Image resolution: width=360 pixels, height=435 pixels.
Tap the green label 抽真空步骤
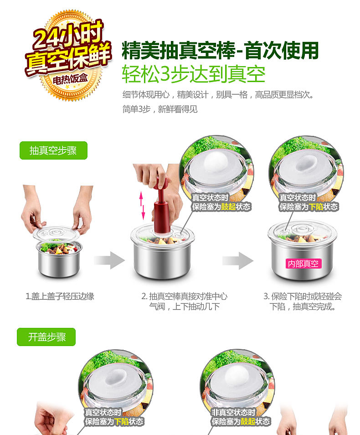coord(53,150)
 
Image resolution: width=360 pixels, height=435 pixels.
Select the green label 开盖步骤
coord(46,337)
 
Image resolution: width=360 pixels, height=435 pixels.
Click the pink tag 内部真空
coord(303,264)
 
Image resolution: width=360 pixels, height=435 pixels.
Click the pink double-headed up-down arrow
coord(142,205)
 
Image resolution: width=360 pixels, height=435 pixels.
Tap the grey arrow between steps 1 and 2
coord(109,260)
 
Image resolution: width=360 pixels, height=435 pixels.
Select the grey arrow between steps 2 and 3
coord(238,260)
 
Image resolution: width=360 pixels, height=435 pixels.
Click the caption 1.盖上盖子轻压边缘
coord(60,296)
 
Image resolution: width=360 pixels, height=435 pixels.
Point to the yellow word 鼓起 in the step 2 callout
coord(228,207)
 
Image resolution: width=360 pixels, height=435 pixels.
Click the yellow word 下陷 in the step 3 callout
coord(316,207)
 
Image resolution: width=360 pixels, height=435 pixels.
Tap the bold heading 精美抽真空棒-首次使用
coord(220,50)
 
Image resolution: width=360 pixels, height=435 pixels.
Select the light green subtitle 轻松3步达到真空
coord(194,74)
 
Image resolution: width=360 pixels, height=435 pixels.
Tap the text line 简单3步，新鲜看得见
coord(160,109)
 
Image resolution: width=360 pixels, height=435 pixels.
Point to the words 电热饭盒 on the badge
coord(71,79)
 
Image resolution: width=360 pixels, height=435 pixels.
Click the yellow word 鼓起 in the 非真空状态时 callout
coord(248,421)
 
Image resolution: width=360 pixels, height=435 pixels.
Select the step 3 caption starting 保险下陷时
coord(303,301)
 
